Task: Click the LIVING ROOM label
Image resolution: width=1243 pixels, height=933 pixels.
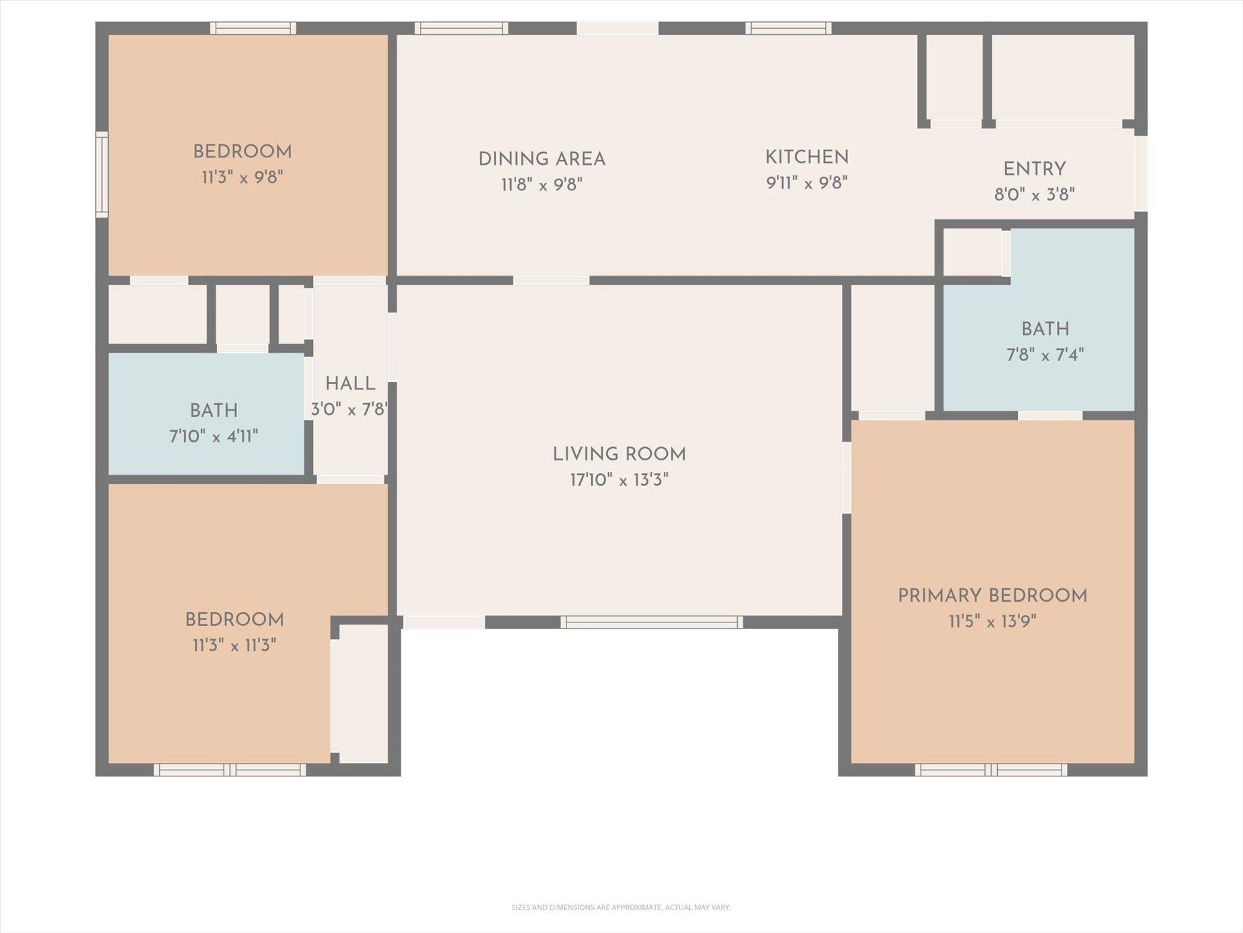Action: (x=619, y=454)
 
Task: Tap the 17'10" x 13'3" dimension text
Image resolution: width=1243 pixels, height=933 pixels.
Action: (x=619, y=480)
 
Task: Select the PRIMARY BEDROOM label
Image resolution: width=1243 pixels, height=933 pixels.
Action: (x=992, y=596)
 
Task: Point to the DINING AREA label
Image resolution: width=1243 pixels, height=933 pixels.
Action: (x=542, y=159)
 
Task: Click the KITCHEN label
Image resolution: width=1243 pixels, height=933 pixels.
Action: (x=807, y=157)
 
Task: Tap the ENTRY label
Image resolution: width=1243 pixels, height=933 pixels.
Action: (x=1035, y=169)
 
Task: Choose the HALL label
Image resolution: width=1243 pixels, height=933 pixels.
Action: (x=350, y=384)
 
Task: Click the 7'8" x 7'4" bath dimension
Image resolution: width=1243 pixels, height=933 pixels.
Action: (x=1045, y=355)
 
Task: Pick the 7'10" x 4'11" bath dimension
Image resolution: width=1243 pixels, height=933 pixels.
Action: (x=214, y=437)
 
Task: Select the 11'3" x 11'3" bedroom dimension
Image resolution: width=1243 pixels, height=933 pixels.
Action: (x=234, y=645)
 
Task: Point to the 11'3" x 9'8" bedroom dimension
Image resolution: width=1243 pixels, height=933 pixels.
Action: (x=243, y=177)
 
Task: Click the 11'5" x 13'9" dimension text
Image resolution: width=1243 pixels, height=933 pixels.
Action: (x=992, y=621)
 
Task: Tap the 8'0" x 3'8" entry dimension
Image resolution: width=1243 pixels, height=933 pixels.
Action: (x=1035, y=195)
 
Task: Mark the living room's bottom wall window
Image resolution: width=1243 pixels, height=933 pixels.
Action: (x=652, y=622)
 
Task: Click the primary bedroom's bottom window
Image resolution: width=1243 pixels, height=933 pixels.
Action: (x=991, y=770)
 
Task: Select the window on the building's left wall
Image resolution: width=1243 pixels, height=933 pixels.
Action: (x=101, y=175)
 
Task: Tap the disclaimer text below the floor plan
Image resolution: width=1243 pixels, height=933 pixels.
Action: (x=621, y=907)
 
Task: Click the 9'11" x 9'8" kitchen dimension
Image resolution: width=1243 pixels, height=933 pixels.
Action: (x=807, y=183)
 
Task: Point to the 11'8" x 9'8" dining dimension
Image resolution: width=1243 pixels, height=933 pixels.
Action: (x=542, y=185)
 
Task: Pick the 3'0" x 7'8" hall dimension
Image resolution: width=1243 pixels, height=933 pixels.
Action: (x=349, y=409)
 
